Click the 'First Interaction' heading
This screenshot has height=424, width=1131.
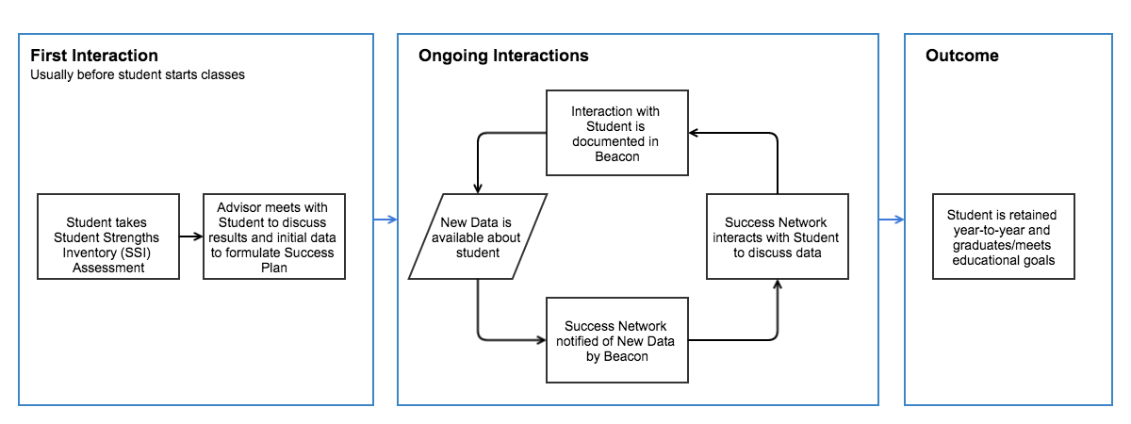tap(94, 56)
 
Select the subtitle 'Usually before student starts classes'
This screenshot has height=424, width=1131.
tap(138, 75)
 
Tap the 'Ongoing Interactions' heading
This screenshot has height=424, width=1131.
tap(503, 56)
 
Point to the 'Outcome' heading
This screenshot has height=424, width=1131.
tap(961, 56)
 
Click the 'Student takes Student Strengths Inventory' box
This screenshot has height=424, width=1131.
tap(108, 236)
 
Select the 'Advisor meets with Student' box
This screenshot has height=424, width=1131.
tap(275, 236)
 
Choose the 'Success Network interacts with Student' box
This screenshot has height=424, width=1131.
tap(778, 236)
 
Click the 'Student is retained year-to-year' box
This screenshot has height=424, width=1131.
tap(1004, 236)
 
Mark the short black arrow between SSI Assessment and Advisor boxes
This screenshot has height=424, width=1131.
tap(191, 236)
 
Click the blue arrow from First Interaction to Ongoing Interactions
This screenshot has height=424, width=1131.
tap(384, 220)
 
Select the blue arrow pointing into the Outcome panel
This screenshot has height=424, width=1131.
tap(892, 220)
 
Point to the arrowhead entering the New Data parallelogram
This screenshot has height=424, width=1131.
tap(479, 188)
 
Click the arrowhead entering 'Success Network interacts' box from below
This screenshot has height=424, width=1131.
tap(778, 284)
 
